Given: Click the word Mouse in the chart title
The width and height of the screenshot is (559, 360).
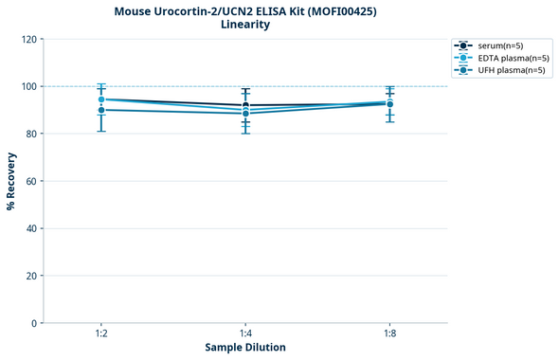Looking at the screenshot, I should click(135, 10).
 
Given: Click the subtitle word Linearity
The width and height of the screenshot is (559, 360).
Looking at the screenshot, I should click(245, 25).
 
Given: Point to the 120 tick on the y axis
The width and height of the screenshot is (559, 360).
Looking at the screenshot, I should click(28, 40).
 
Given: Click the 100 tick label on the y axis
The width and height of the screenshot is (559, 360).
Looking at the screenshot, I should click(28, 87).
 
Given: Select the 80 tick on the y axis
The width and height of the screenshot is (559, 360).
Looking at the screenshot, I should click(31, 135).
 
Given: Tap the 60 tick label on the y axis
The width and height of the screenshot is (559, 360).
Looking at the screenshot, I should click(31, 182).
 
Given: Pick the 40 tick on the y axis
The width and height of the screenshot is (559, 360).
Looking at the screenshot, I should click(31, 229).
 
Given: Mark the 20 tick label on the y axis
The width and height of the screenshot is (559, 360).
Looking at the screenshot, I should click(31, 277).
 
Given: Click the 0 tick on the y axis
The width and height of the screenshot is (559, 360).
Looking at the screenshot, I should click(34, 324).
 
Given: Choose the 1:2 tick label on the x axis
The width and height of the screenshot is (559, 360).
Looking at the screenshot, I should click(100, 334).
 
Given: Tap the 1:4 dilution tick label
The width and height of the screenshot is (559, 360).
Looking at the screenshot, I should click(245, 334).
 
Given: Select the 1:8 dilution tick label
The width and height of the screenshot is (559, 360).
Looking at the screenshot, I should click(390, 334).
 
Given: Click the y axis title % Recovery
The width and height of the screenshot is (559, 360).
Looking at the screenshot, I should click(11, 180).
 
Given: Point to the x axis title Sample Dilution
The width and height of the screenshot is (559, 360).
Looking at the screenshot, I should click(245, 348).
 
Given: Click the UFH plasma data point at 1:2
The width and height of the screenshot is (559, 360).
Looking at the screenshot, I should click(101, 110).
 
